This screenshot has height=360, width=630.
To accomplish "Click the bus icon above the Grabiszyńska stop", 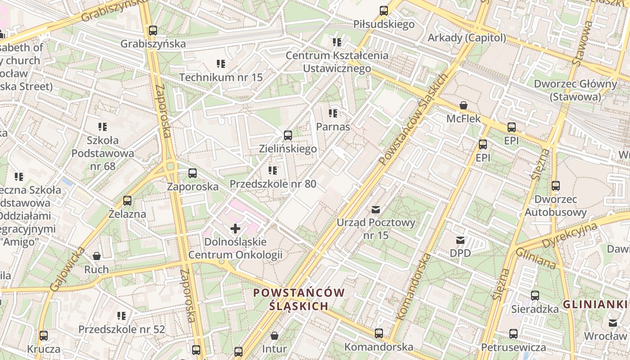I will (153, 31).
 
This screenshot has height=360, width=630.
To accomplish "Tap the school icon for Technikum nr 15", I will (220, 64).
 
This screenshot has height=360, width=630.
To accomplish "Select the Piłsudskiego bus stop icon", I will (383, 10).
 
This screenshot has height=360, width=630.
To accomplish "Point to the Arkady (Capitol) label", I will (467, 38).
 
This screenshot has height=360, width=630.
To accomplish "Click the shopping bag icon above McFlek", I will (463, 106).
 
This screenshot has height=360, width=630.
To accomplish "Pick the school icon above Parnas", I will (333, 113).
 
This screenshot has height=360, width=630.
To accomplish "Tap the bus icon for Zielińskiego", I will (288, 135).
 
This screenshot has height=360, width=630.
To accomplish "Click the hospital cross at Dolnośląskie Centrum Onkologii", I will (235, 229).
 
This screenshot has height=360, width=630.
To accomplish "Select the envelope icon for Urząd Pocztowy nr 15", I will (376, 209).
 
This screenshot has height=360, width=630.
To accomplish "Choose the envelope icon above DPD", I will (460, 240).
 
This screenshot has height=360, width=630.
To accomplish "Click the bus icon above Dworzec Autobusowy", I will (555, 185).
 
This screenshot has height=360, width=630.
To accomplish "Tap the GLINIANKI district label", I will (595, 304).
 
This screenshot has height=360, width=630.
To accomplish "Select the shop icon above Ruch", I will (96, 256).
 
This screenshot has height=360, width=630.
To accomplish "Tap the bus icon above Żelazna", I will (127, 201).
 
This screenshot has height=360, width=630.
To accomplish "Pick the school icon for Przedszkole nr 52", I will (121, 316).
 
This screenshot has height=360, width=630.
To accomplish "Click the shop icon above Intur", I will (274, 336).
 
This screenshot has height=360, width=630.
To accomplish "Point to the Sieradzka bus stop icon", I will (535, 296).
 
